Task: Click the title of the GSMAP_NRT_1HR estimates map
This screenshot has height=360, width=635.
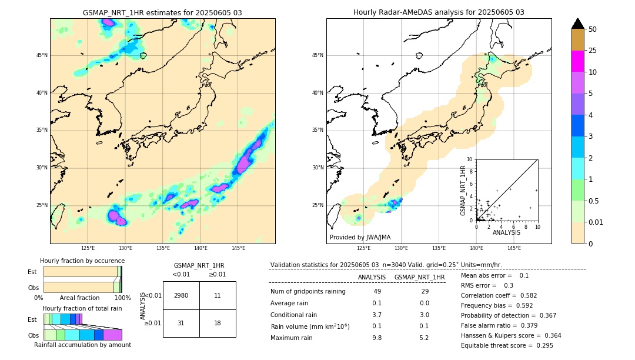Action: tap(162, 12)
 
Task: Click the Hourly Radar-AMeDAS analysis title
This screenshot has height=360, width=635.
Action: tap(439, 12)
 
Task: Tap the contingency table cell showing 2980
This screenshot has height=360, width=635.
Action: tap(181, 295)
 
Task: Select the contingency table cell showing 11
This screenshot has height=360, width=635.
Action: tap(218, 295)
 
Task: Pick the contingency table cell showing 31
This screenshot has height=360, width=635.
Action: tap(181, 323)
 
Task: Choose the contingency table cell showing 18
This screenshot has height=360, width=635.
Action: tap(218, 323)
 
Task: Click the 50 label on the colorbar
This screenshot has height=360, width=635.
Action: tap(593, 29)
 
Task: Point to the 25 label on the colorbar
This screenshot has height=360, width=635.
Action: tap(593, 51)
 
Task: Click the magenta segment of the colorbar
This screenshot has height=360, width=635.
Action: tap(577, 61)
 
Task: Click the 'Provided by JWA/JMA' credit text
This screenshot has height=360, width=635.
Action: tap(360, 238)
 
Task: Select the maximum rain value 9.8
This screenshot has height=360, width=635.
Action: tap(377, 338)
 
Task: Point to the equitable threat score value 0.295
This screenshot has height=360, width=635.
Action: tap(542, 346)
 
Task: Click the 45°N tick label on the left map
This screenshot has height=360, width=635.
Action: tap(42, 55)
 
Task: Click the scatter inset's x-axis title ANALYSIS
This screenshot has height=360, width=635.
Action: tap(506, 233)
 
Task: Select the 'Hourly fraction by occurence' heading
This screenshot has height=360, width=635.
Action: tap(82, 261)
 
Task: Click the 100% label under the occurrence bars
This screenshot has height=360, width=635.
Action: tap(122, 298)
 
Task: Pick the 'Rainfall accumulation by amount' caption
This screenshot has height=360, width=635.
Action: tap(83, 345)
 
